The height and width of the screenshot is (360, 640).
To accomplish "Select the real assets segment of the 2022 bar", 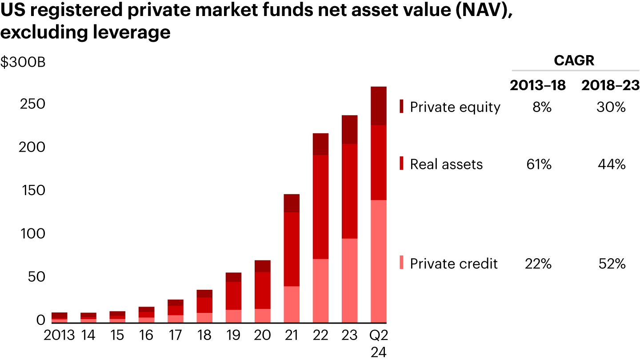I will click(x=320, y=207).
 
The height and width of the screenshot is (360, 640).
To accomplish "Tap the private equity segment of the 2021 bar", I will click(x=292, y=203).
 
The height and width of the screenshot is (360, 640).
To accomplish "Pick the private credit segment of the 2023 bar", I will click(x=349, y=280).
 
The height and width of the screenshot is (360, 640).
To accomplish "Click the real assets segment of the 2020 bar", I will click(x=263, y=290).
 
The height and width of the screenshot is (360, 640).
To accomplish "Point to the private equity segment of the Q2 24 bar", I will click(x=378, y=106).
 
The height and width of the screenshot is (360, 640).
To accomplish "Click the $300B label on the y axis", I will click(x=23, y=63).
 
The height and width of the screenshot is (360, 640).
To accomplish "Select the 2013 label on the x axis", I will click(x=59, y=335).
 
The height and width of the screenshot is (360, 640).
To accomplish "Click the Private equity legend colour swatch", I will click(x=402, y=107).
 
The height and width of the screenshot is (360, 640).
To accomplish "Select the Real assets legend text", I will click(x=446, y=164).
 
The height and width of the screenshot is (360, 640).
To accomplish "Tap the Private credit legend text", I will click(x=454, y=264).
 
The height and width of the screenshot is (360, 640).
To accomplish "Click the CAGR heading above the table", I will click(x=574, y=60).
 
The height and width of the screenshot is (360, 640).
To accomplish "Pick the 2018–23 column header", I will click(x=611, y=85).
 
